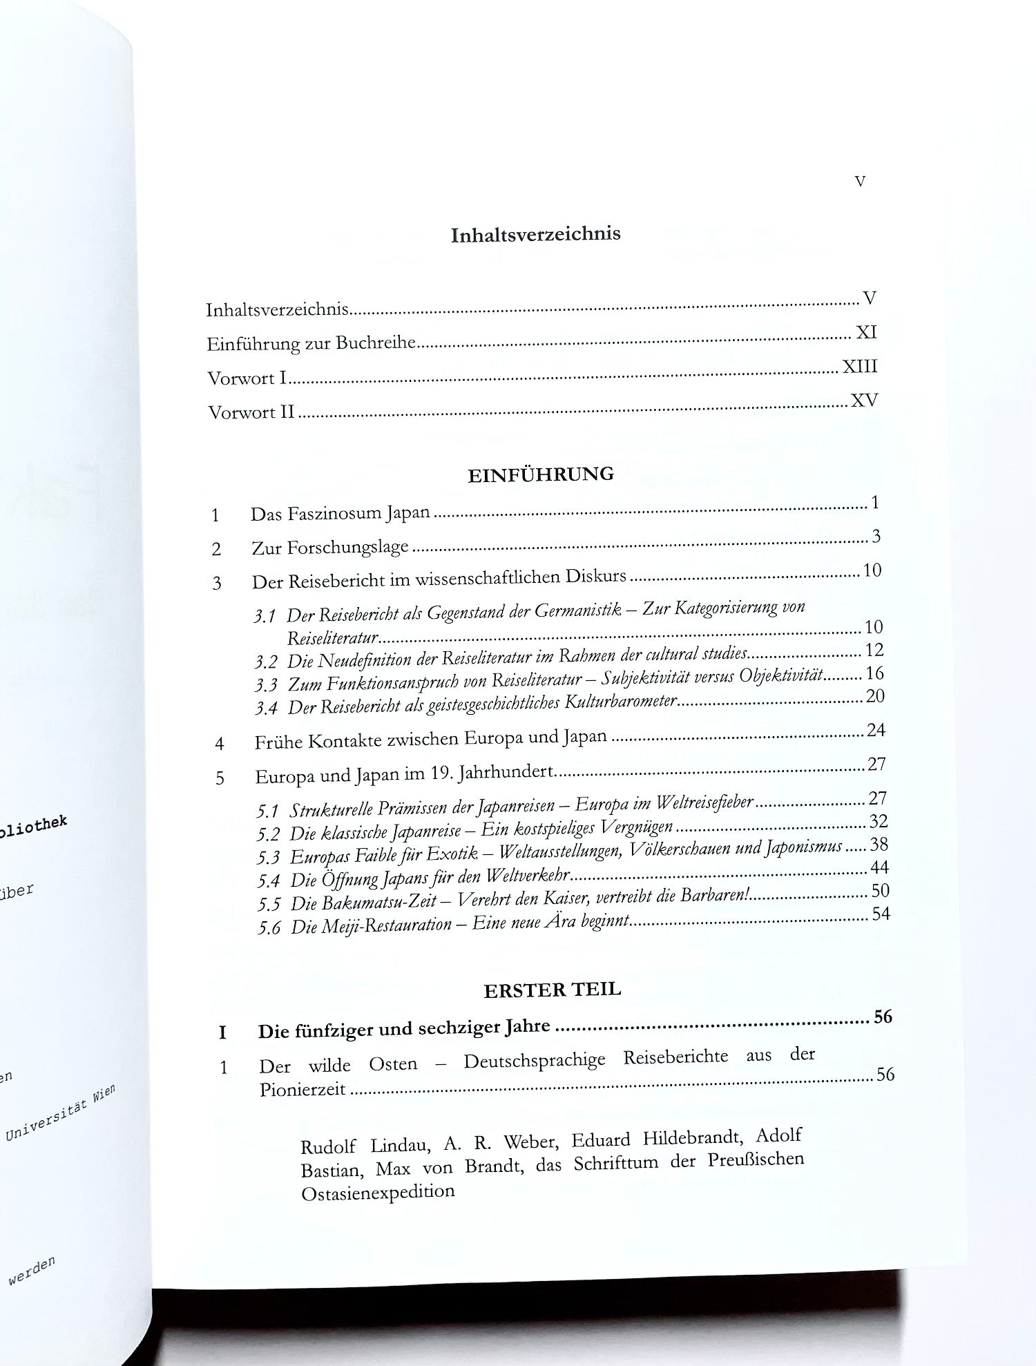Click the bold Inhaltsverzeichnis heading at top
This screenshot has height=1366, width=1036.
(535, 234)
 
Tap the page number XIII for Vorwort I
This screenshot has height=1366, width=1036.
(859, 366)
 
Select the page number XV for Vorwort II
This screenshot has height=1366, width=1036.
(863, 400)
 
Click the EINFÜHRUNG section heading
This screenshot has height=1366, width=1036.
(541, 475)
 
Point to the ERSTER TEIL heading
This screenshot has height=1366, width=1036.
(553, 990)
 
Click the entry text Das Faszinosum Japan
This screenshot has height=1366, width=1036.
(340, 514)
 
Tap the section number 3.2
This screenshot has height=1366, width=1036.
(265, 662)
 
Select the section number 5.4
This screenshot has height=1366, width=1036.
(269, 881)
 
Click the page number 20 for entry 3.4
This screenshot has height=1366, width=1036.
(875, 696)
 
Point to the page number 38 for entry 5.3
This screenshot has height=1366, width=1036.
(879, 844)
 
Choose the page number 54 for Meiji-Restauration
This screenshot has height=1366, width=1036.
(881, 914)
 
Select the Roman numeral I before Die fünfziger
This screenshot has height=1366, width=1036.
(222, 1032)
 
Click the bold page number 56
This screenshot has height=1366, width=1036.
(883, 1017)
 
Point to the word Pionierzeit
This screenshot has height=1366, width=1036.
(303, 1090)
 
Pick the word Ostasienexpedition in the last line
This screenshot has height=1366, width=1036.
(378, 1192)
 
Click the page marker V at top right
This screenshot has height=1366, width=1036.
(860, 182)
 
